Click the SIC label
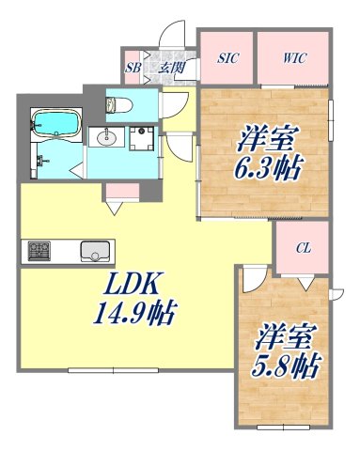pyautogui.click(x=227, y=58)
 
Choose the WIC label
pyautogui.click(x=294, y=58)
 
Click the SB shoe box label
pyautogui.click(x=133, y=68)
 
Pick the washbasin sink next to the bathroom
pyautogui.click(x=105, y=138)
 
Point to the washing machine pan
pyautogui.click(x=144, y=139)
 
